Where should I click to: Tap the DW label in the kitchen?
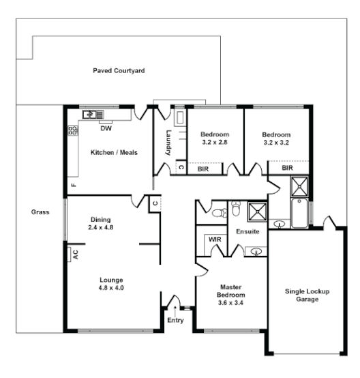coord(106,128)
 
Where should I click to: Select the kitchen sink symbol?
coord(91,115)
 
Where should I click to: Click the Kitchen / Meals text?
coord(114,152)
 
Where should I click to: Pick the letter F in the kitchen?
coord(73,184)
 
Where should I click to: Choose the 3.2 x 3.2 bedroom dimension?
coord(276,143)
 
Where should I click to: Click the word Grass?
coord(40,212)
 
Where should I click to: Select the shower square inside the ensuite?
coord(257,212)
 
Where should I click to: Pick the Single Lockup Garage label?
coord(307,295)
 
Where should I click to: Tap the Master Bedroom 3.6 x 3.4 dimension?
coord(230,302)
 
